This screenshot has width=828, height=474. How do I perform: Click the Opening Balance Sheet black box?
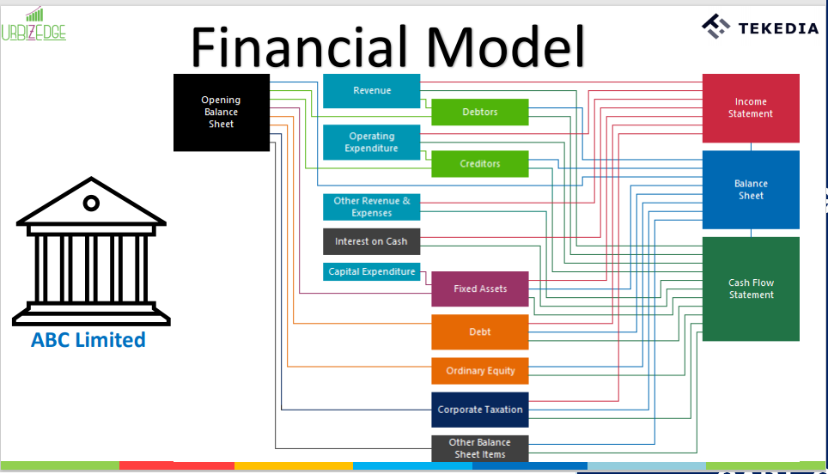(222, 112)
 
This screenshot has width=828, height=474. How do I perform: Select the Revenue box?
(372, 91)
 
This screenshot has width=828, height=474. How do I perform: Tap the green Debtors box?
(479, 112)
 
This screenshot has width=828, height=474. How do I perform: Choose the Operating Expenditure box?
(372, 143)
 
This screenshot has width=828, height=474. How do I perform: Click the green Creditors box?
(479, 164)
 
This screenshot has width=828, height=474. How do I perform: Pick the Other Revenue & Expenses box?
(372, 207)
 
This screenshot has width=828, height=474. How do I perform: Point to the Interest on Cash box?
(372, 241)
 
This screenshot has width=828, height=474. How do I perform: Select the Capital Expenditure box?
(372, 272)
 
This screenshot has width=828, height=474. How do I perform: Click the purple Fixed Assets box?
(479, 289)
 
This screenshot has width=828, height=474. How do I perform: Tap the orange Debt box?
(479, 332)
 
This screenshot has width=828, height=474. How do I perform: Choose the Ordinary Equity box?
(479, 371)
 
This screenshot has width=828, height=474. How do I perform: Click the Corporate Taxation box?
(479, 410)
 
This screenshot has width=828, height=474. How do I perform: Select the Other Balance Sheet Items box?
(479, 448)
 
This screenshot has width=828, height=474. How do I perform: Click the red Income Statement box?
(751, 108)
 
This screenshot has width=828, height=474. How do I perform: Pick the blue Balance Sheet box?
(751, 190)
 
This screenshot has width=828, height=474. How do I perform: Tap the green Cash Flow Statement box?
(751, 289)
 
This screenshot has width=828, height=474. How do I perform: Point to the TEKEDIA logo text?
(778, 28)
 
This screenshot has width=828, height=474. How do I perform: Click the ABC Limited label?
(88, 340)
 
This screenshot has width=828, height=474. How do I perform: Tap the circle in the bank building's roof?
(90, 204)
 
